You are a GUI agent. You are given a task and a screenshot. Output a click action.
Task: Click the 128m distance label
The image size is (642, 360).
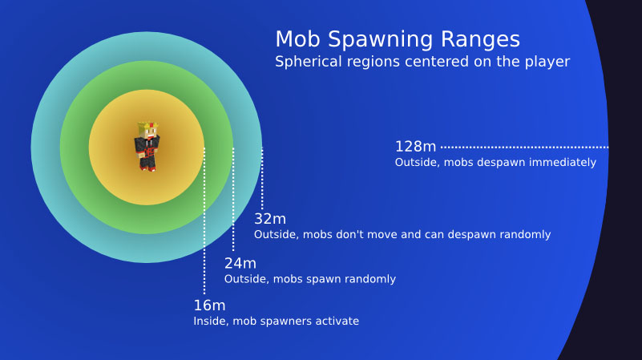point(416,147)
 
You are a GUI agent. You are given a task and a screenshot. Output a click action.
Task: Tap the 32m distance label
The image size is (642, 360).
point(270,219)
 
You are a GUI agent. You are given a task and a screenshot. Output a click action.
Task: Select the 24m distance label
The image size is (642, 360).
point(240,263)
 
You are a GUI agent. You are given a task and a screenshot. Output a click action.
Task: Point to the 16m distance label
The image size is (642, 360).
point(209,305)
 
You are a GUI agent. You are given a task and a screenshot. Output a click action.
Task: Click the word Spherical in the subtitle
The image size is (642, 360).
point(309,62)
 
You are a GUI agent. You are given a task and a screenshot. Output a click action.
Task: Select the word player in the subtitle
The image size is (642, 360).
point(547,62)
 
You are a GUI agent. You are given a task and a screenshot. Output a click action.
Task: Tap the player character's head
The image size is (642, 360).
point(148,130)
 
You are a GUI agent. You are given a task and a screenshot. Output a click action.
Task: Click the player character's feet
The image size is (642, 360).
point(147,168)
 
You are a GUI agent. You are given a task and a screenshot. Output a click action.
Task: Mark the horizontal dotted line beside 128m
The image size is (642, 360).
point(525,147)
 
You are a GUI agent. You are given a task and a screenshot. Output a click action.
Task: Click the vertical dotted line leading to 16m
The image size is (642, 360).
point(204,220)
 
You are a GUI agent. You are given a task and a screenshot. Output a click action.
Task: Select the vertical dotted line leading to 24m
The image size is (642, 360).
point(233,199)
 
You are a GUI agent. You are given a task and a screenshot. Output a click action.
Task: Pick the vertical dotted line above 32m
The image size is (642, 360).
point(262,179)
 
